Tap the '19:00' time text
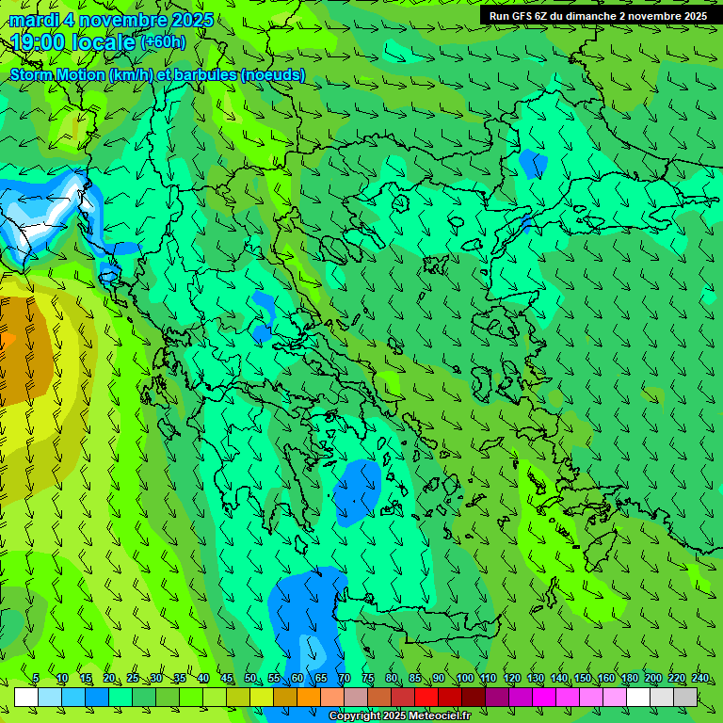tap(38, 42)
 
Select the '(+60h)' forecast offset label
tap(163, 42)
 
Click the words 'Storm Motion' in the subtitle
tap(56, 74)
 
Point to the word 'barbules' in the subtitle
tap(205, 74)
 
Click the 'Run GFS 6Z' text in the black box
tap(519, 16)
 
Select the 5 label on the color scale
tap(36, 679)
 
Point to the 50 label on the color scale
tap(249, 679)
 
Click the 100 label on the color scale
tap(464, 679)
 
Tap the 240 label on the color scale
tap(699, 679)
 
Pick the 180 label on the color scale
tap(629, 679)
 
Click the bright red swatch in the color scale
tap(426, 697)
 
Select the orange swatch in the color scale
tap(309, 697)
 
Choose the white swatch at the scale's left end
tap(26, 697)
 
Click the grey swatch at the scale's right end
tap(685, 697)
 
